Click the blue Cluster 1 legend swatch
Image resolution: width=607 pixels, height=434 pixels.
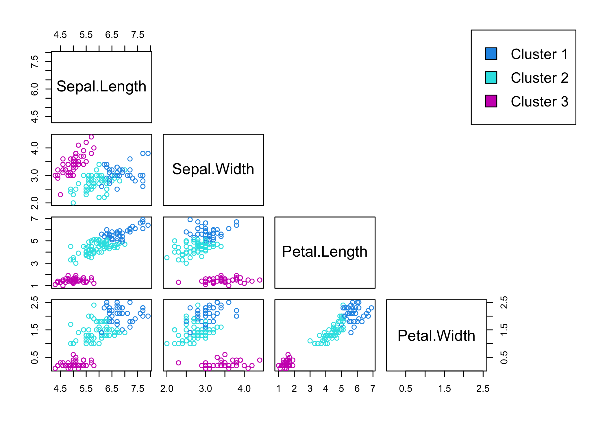pos(491,54)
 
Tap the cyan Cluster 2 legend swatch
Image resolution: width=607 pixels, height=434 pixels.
pos(491,78)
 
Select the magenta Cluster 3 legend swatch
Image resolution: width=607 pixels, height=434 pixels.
pos(491,101)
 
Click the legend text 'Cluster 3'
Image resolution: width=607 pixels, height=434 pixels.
pos(539,102)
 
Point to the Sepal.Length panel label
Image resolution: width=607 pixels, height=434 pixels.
pos(101,87)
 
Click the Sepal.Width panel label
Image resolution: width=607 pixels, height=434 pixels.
pos(213,169)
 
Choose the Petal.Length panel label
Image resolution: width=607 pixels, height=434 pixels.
pos(325,252)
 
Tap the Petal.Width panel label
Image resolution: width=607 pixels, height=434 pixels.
pos(436,336)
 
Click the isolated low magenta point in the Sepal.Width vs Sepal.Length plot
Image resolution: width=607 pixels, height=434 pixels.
pos(60,195)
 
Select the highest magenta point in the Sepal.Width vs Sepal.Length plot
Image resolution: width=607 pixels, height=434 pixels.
pos(91,137)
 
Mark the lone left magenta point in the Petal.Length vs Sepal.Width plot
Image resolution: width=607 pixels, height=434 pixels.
pos(178,282)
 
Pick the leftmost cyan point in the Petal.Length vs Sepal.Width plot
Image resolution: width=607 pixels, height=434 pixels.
pos(167,258)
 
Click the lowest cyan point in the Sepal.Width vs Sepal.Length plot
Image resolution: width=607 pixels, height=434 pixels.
pos(73,203)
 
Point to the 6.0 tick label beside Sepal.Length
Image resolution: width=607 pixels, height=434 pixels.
pos(34,89)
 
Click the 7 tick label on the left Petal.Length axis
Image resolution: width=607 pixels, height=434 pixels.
pos(34,219)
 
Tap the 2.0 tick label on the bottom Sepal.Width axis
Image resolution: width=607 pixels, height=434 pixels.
pos(167,389)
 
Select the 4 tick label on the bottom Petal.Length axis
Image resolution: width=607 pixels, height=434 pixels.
pos(325,389)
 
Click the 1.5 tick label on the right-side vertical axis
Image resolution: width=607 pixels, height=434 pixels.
pos(504,330)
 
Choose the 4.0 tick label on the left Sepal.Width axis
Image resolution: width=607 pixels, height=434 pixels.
pos(34,148)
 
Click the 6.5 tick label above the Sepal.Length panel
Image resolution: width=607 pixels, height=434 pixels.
pos(112,35)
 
